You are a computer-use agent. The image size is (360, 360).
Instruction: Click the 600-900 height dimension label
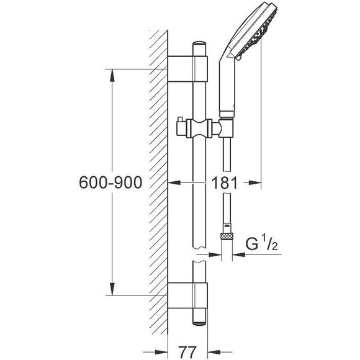tap(110, 182)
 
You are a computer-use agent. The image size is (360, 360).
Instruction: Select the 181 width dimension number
tap(224, 182)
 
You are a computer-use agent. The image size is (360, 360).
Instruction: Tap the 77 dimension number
tap(187, 351)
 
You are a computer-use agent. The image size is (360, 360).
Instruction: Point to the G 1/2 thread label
tap(261, 244)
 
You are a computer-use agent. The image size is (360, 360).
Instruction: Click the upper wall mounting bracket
tap(188, 69)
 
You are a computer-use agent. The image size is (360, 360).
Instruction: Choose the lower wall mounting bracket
tap(188, 295)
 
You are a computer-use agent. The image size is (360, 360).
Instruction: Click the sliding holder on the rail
tap(199, 128)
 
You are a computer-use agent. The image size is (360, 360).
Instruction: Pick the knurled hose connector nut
tap(227, 236)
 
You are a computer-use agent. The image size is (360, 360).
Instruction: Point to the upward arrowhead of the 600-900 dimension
tap(112, 75)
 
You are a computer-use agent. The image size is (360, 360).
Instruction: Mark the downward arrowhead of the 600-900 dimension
tap(112, 289)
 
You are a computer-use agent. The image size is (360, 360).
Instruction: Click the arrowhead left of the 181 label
tap(174, 182)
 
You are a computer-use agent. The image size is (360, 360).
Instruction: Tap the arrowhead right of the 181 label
tap(255, 182)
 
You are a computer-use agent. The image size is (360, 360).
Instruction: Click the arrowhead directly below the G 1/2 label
tap(239, 254)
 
